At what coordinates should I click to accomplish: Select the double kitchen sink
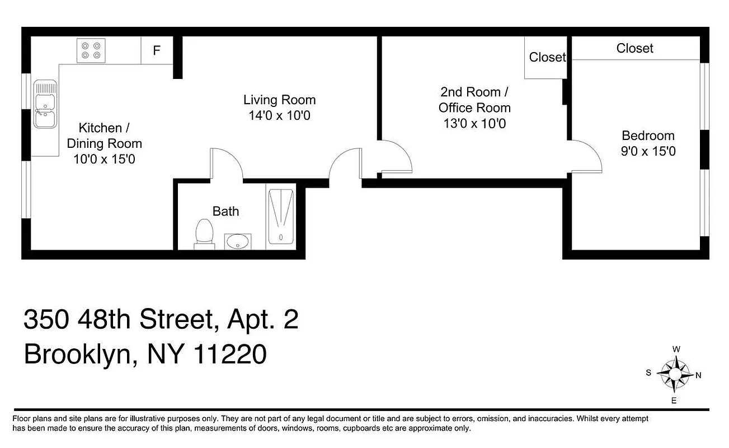point(45,104)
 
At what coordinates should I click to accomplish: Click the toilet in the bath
point(204,233)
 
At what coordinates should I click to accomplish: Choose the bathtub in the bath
point(280,216)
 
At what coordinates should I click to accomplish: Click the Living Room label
point(279,100)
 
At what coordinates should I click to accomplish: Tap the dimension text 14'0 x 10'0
point(279,116)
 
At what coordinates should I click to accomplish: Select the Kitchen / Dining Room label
point(104,136)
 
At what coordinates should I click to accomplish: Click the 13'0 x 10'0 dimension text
point(474,124)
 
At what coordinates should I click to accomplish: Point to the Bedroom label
point(648,136)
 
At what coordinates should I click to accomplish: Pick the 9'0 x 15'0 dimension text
point(648,151)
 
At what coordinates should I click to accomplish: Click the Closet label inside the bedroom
point(634,49)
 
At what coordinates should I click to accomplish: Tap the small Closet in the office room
point(547,57)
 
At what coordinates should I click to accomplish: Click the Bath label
point(225,211)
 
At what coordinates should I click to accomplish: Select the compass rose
point(674,375)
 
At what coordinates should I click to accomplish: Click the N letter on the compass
point(698,376)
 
